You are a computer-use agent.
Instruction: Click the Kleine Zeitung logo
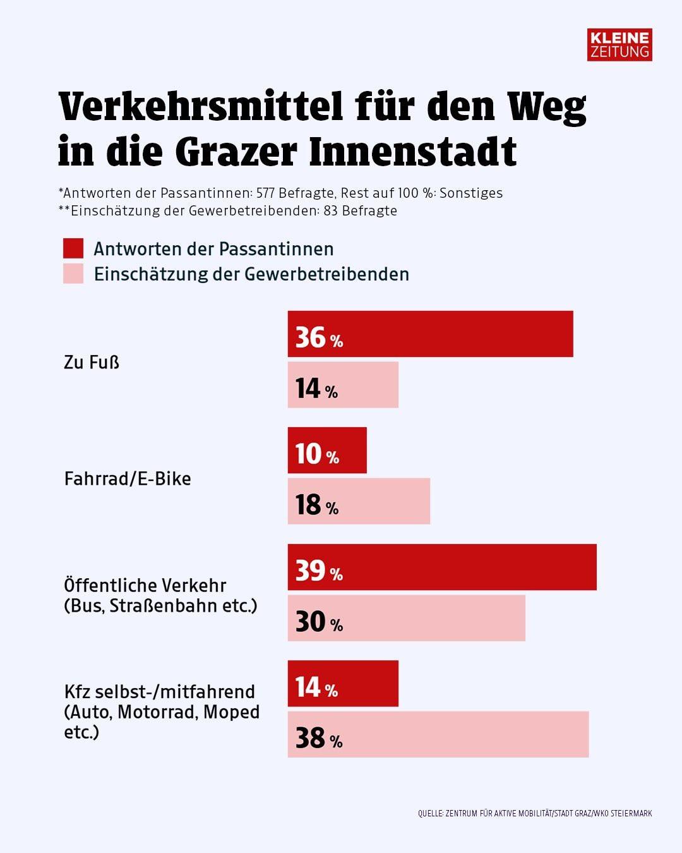[619, 44]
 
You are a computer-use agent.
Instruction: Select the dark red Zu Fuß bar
[430, 334]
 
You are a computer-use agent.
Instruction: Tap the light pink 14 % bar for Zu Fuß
[343, 385]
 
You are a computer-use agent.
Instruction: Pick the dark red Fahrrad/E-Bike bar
[327, 451]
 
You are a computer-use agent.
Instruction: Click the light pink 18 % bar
[359, 501]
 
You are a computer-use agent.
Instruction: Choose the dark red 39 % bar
[442, 567]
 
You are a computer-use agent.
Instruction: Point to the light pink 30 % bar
[406, 618]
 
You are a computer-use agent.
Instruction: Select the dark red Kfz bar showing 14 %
[343, 684]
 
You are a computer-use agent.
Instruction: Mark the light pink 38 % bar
[438, 734]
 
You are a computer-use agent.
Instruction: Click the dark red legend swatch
[73, 248]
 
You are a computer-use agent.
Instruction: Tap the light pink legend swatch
[73, 274]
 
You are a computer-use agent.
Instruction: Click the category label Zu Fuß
[92, 363]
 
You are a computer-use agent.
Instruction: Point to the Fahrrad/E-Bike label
[128, 478]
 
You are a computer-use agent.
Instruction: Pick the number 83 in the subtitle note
[330, 211]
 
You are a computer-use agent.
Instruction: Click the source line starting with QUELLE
[534, 813]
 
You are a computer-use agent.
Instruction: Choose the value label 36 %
[319, 338]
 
